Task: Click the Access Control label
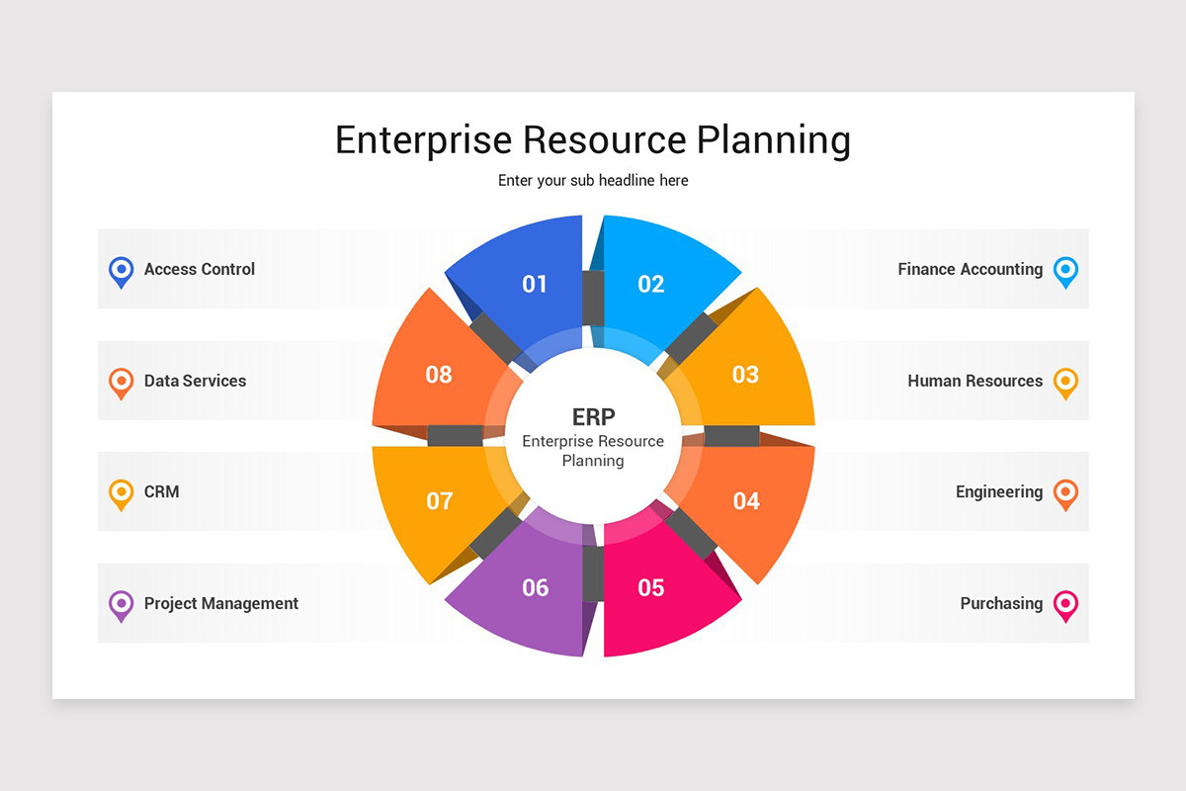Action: click(200, 269)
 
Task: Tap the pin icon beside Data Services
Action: click(121, 382)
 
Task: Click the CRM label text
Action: click(162, 491)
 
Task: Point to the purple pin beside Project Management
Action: click(121, 604)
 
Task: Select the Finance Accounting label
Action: click(970, 269)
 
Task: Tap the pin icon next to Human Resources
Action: click(1065, 382)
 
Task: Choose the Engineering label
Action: click(998, 491)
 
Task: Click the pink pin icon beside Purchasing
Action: click(1065, 604)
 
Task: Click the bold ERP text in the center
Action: click(593, 416)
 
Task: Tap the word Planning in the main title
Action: click(773, 139)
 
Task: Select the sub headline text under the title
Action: click(593, 181)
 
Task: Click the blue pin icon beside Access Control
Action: click(121, 270)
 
